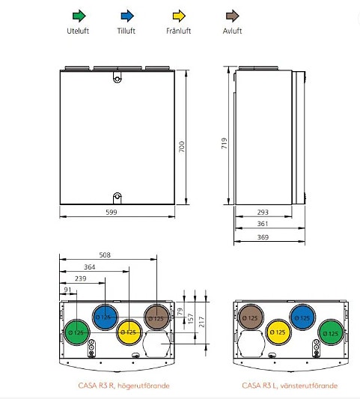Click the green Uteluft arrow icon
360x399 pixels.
[77, 15]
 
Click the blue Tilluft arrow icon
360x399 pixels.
[128, 15]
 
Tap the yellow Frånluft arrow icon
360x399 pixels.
[180, 15]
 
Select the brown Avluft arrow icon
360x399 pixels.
[232, 15]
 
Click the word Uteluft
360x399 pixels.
[77, 31]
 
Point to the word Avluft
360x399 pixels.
[232, 31]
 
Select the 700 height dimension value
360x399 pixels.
[181, 147]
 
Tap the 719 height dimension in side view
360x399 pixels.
[225, 142]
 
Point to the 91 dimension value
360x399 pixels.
[68, 290]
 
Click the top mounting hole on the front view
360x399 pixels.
[116, 76]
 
